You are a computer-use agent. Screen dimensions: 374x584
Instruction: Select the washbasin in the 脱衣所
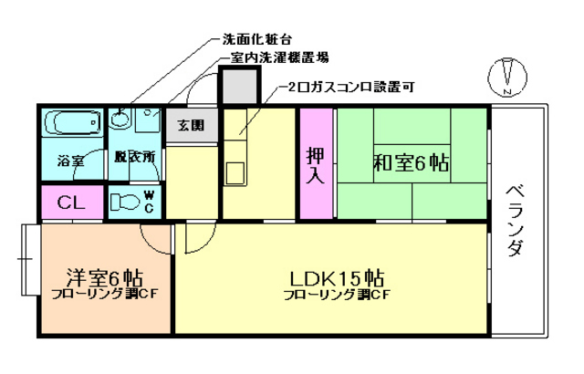[120, 119]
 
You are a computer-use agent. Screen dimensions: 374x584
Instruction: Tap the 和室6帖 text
[410, 163]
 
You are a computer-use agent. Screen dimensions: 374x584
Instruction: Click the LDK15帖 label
[337, 276]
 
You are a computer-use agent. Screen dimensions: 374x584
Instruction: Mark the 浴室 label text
[70, 161]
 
